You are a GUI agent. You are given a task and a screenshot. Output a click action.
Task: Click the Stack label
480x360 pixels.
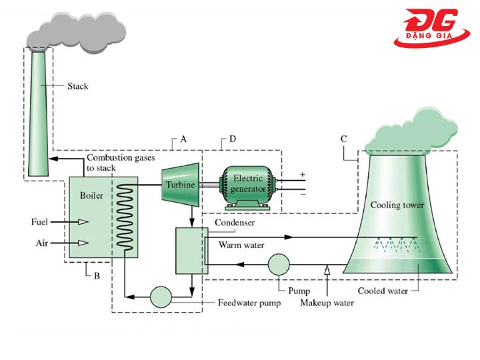(x=77, y=86)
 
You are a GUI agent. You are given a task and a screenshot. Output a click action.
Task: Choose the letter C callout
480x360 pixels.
(x=343, y=139)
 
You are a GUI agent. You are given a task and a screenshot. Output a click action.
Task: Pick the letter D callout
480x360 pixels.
(x=232, y=139)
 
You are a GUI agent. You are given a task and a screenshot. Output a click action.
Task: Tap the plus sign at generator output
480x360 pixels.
(x=302, y=175)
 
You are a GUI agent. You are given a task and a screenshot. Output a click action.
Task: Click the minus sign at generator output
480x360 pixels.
(x=302, y=195)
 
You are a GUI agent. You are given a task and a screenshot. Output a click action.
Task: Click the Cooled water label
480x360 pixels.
(x=382, y=291)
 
